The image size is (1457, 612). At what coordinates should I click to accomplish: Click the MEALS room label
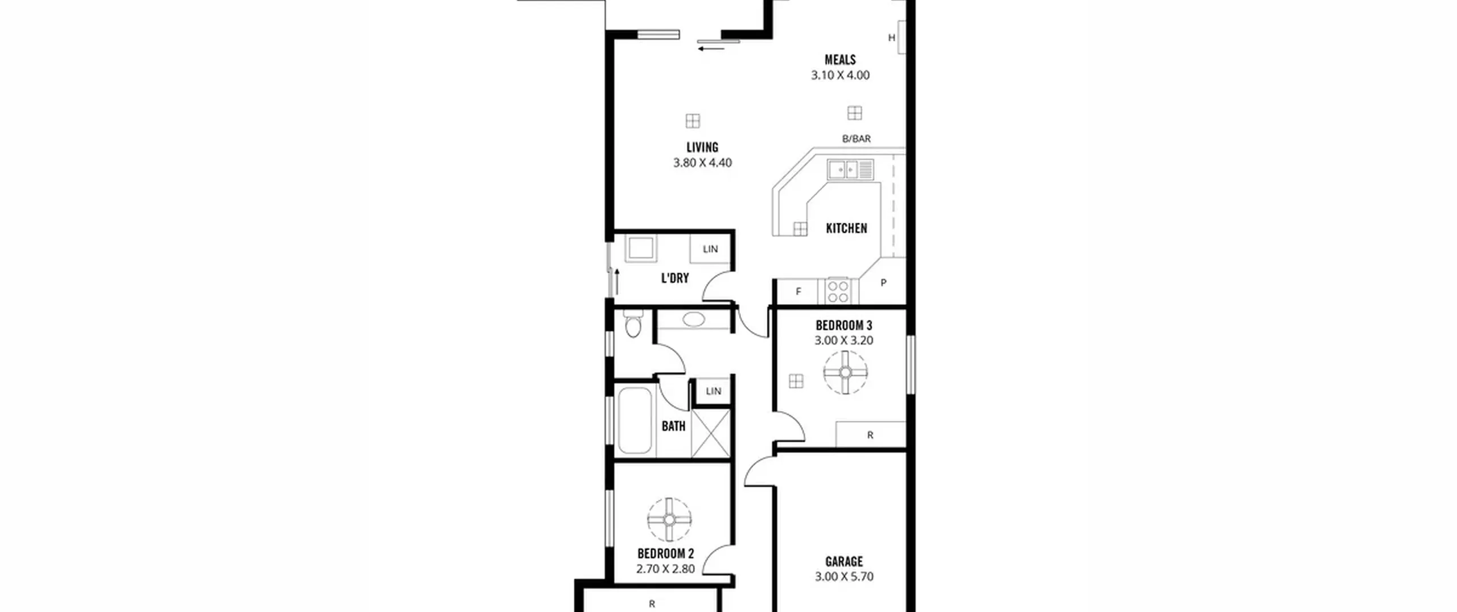point(840,60)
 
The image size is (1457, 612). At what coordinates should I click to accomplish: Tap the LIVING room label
point(702,147)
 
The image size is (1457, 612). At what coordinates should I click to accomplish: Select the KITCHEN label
point(846,228)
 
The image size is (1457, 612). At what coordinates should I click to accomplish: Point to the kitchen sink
point(850,170)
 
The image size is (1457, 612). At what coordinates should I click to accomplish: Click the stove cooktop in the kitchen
point(838,291)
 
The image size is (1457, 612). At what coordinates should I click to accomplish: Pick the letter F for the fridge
point(799,291)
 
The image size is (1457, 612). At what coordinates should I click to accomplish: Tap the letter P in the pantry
point(883,282)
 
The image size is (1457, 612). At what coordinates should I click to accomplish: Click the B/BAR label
point(857,138)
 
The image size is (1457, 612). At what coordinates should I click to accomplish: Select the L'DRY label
point(675,278)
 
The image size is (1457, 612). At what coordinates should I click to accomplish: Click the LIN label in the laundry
point(710,249)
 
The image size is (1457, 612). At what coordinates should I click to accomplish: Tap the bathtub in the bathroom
point(635,420)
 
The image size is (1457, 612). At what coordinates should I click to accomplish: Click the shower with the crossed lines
point(710,433)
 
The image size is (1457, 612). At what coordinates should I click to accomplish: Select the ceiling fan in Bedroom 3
point(845,372)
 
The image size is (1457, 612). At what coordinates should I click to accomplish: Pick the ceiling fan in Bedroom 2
point(669,520)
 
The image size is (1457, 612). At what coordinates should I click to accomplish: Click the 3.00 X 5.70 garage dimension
point(844,576)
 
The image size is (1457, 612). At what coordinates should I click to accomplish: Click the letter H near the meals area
point(892,38)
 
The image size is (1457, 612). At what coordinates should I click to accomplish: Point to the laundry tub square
point(641,249)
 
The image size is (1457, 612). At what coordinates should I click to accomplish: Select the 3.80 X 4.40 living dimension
point(702,163)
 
